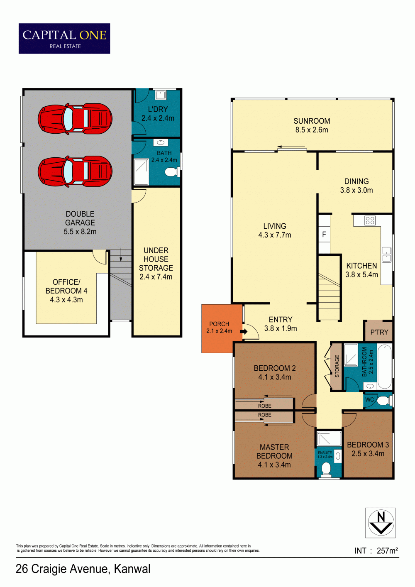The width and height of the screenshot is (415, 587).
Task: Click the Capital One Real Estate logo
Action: [x=64, y=39]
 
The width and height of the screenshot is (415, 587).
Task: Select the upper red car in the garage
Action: [x=75, y=119]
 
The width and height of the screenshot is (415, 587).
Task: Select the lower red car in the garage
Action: [x=75, y=171]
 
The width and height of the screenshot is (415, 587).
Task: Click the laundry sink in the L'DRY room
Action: [x=160, y=95]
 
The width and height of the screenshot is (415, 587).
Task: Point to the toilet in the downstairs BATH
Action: [x=172, y=172]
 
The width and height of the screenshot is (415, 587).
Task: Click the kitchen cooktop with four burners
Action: [x=370, y=220]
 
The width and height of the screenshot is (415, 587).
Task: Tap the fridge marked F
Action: [x=324, y=234]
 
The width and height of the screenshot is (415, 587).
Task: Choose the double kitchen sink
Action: [x=386, y=255]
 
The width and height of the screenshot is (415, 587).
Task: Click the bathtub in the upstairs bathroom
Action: [x=384, y=367]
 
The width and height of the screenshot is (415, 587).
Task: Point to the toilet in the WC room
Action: [x=385, y=400]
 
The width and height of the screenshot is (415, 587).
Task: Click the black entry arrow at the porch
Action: [x=243, y=332]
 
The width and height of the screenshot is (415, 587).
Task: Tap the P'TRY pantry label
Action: [x=379, y=332]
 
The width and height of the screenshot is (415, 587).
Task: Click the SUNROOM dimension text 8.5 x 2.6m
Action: [x=312, y=130]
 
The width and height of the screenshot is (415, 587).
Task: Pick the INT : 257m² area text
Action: [x=376, y=550]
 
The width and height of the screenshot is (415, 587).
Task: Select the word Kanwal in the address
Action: [x=132, y=569]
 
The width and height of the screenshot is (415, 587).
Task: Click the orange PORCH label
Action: [x=219, y=324]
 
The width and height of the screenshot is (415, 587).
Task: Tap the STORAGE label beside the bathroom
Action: [x=337, y=366]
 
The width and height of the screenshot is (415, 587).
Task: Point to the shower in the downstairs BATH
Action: [x=142, y=171]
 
